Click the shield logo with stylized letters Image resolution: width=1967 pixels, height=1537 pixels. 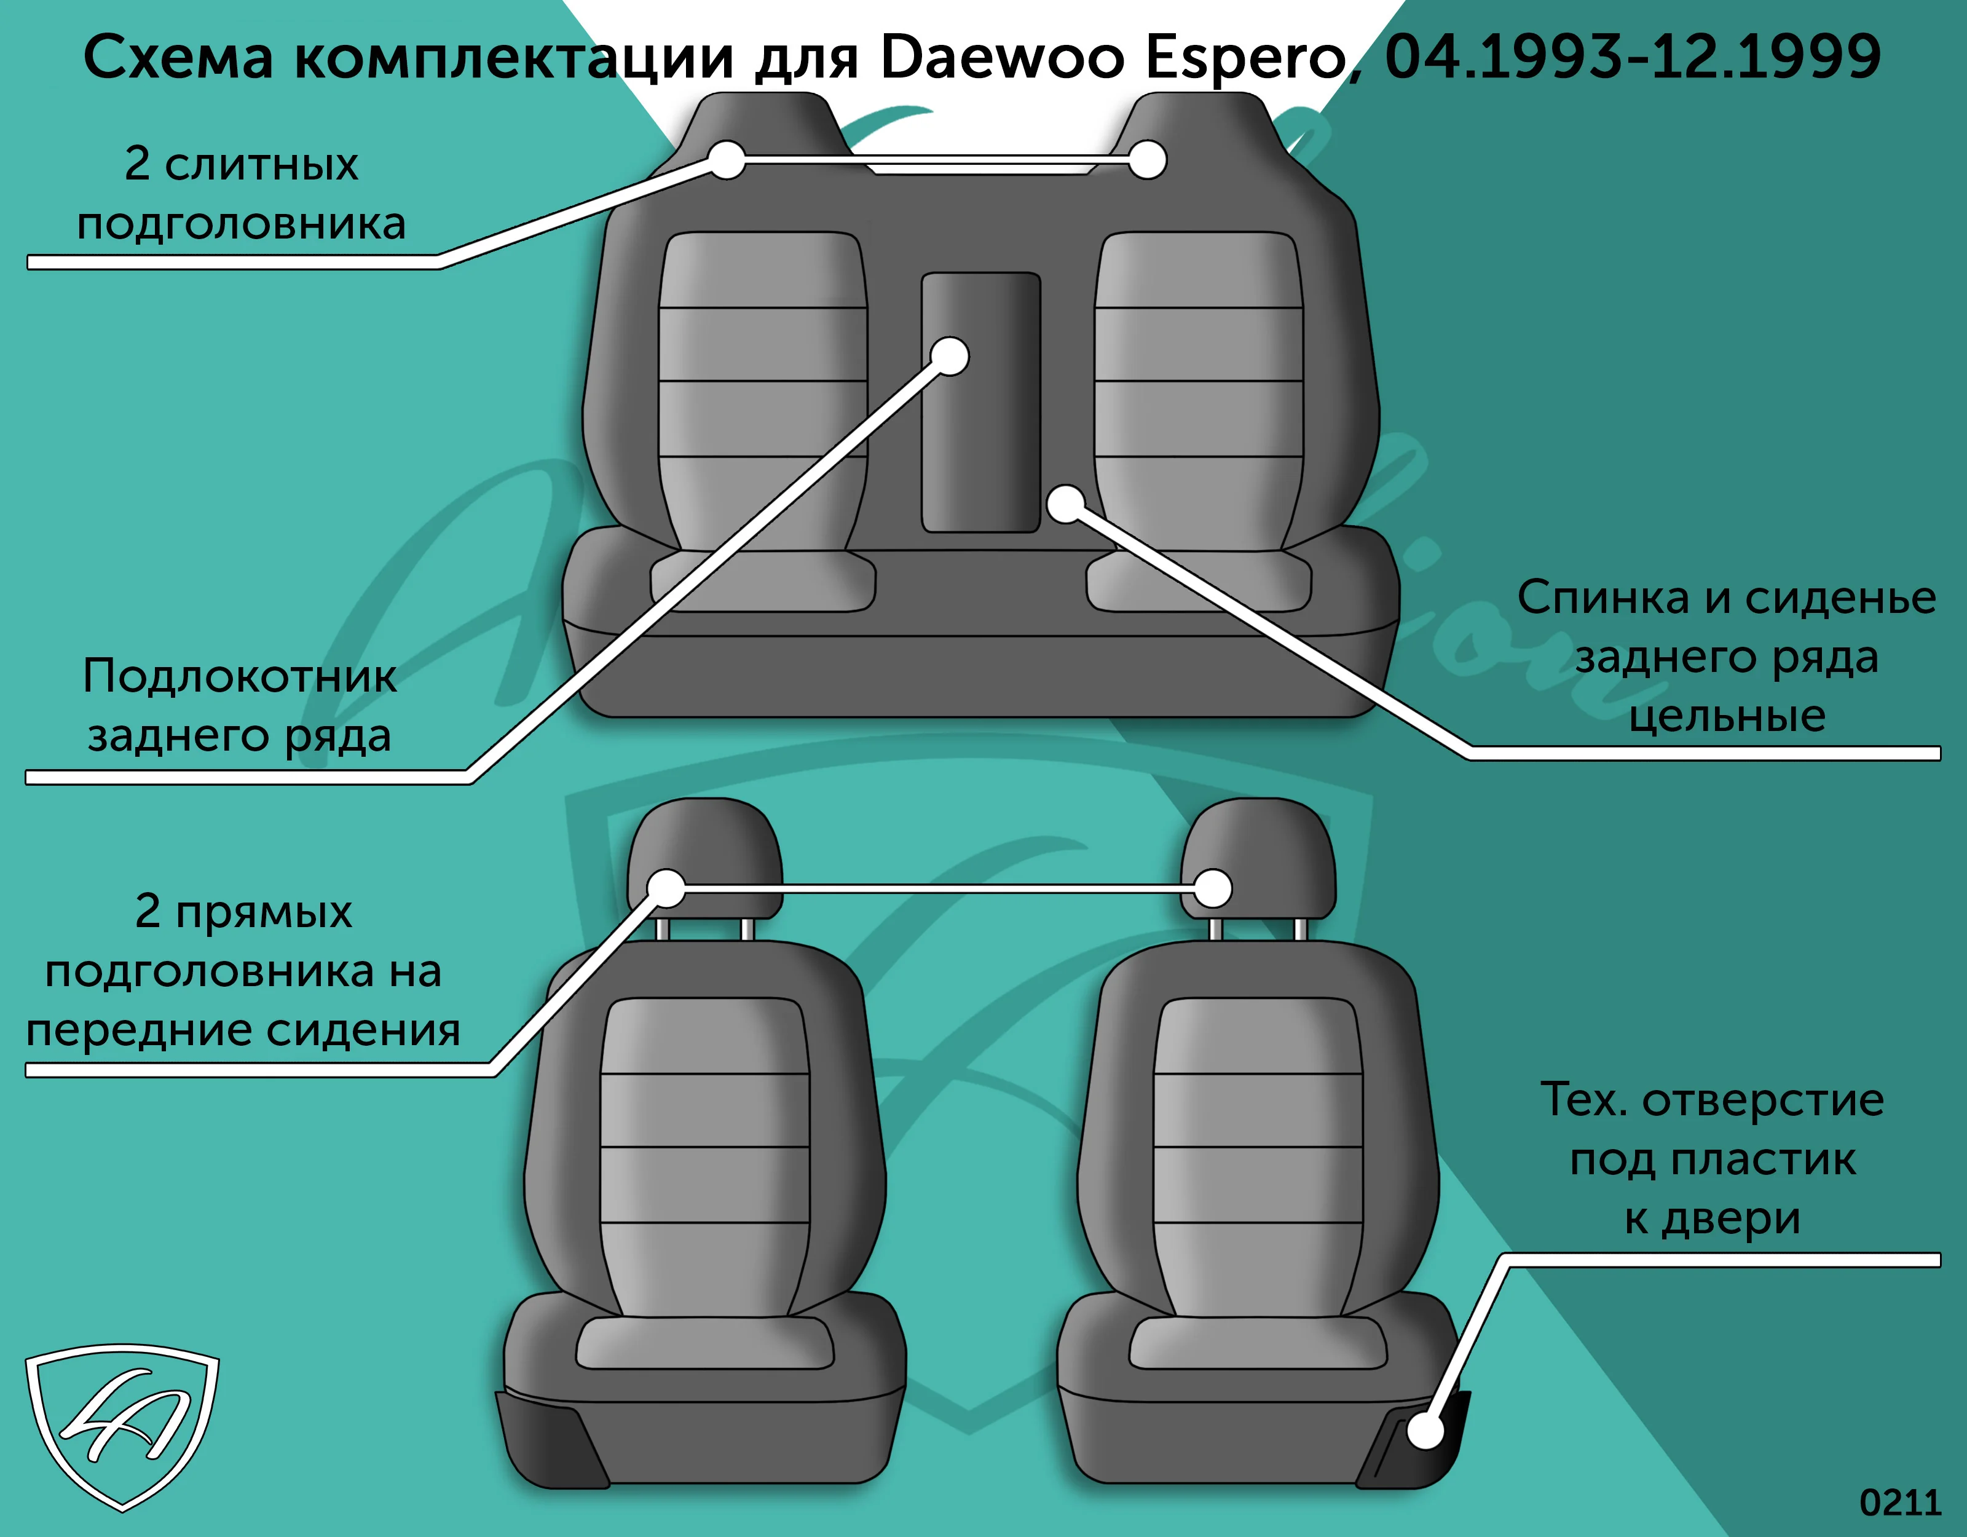point(122,1426)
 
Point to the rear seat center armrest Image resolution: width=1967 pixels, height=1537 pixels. point(981,403)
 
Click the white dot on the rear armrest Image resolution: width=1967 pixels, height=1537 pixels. point(949,356)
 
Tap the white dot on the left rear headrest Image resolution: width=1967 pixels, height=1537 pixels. point(727,160)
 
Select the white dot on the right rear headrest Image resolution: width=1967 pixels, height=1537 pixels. point(1148,160)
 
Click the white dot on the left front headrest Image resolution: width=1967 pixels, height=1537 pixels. point(666,888)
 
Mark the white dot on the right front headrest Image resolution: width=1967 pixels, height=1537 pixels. point(1213,888)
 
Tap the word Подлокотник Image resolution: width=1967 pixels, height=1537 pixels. point(240,676)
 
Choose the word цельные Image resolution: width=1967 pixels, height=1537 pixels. point(1727,717)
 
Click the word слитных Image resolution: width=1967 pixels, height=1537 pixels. point(261,165)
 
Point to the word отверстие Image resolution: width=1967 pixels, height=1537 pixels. point(1764,1101)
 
